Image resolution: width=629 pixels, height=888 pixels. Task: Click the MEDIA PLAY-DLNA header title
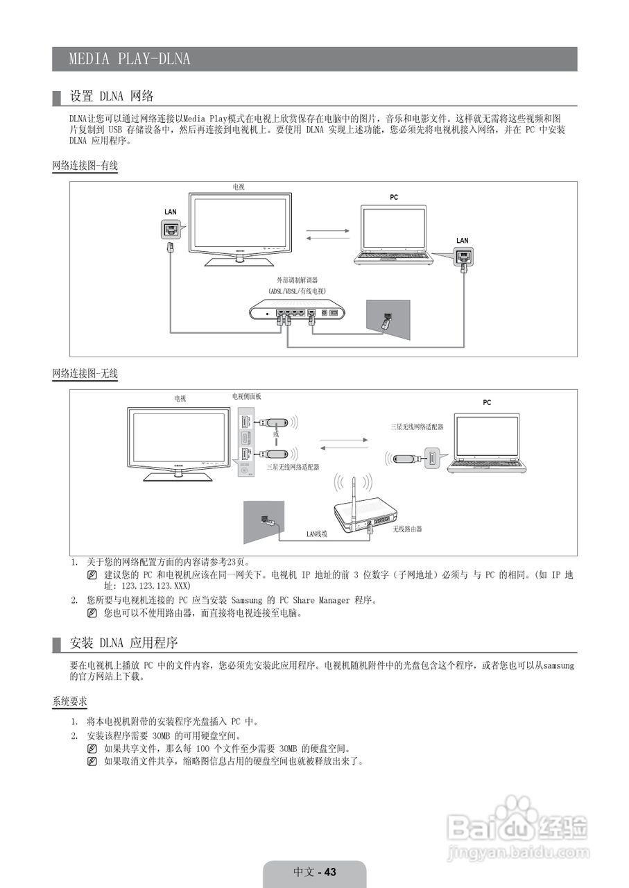(129, 59)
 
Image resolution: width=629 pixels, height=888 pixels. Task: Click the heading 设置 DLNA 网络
(112, 96)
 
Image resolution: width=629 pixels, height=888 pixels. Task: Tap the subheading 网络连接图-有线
(85, 166)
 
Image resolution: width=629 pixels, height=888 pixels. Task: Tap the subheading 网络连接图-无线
(85, 374)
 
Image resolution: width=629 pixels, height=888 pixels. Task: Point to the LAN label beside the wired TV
(171, 211)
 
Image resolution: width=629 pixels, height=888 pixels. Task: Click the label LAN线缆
(316, 534)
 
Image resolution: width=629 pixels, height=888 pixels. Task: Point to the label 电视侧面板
(247, 396)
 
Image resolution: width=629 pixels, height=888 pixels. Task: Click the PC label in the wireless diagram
(487, 402)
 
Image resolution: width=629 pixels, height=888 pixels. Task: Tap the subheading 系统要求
(69, 702)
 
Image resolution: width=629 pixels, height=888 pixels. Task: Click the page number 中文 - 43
(315, 872)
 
